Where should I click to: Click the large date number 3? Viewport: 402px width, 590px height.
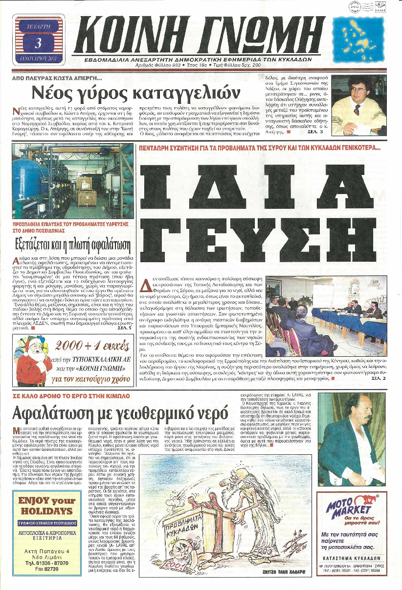39,43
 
